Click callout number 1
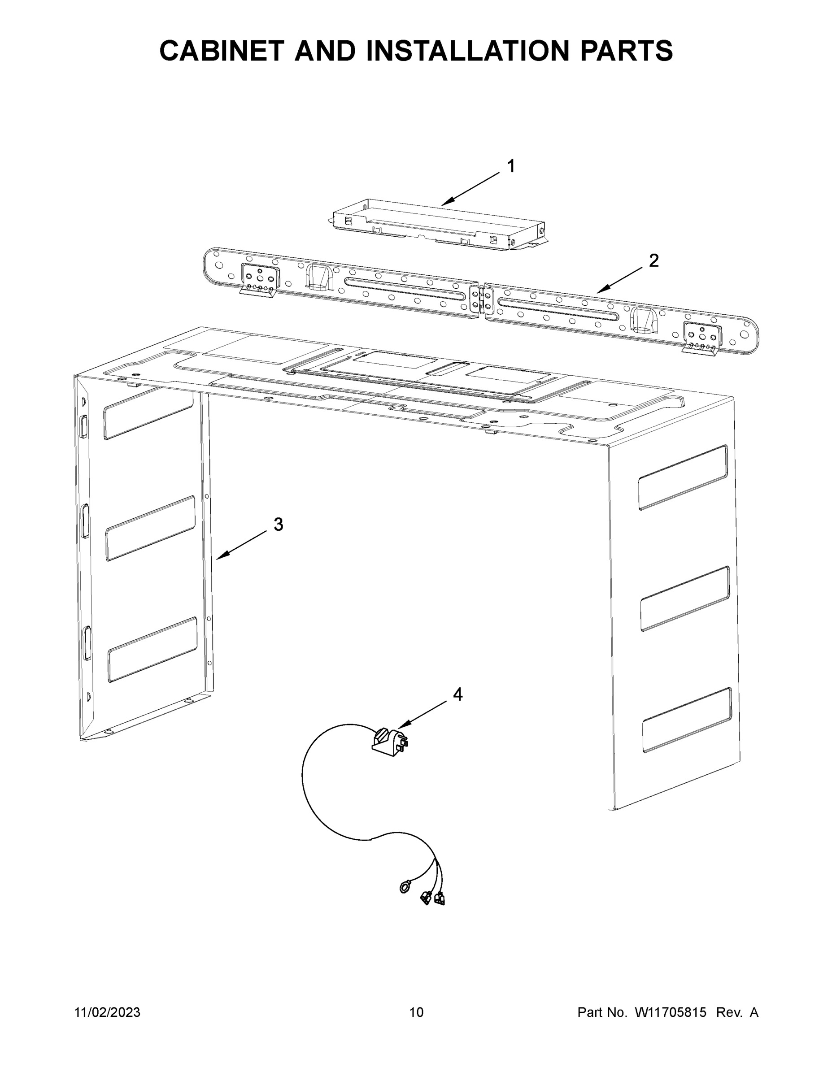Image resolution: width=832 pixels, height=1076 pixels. point(512,166)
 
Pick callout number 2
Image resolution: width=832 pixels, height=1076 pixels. point(653,260)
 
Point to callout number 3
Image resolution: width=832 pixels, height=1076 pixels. point(279,525)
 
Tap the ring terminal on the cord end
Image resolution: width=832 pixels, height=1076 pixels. point(405,888)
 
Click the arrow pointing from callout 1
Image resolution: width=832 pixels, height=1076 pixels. point(470,189)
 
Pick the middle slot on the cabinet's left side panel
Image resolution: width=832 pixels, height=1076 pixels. point(151,528)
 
